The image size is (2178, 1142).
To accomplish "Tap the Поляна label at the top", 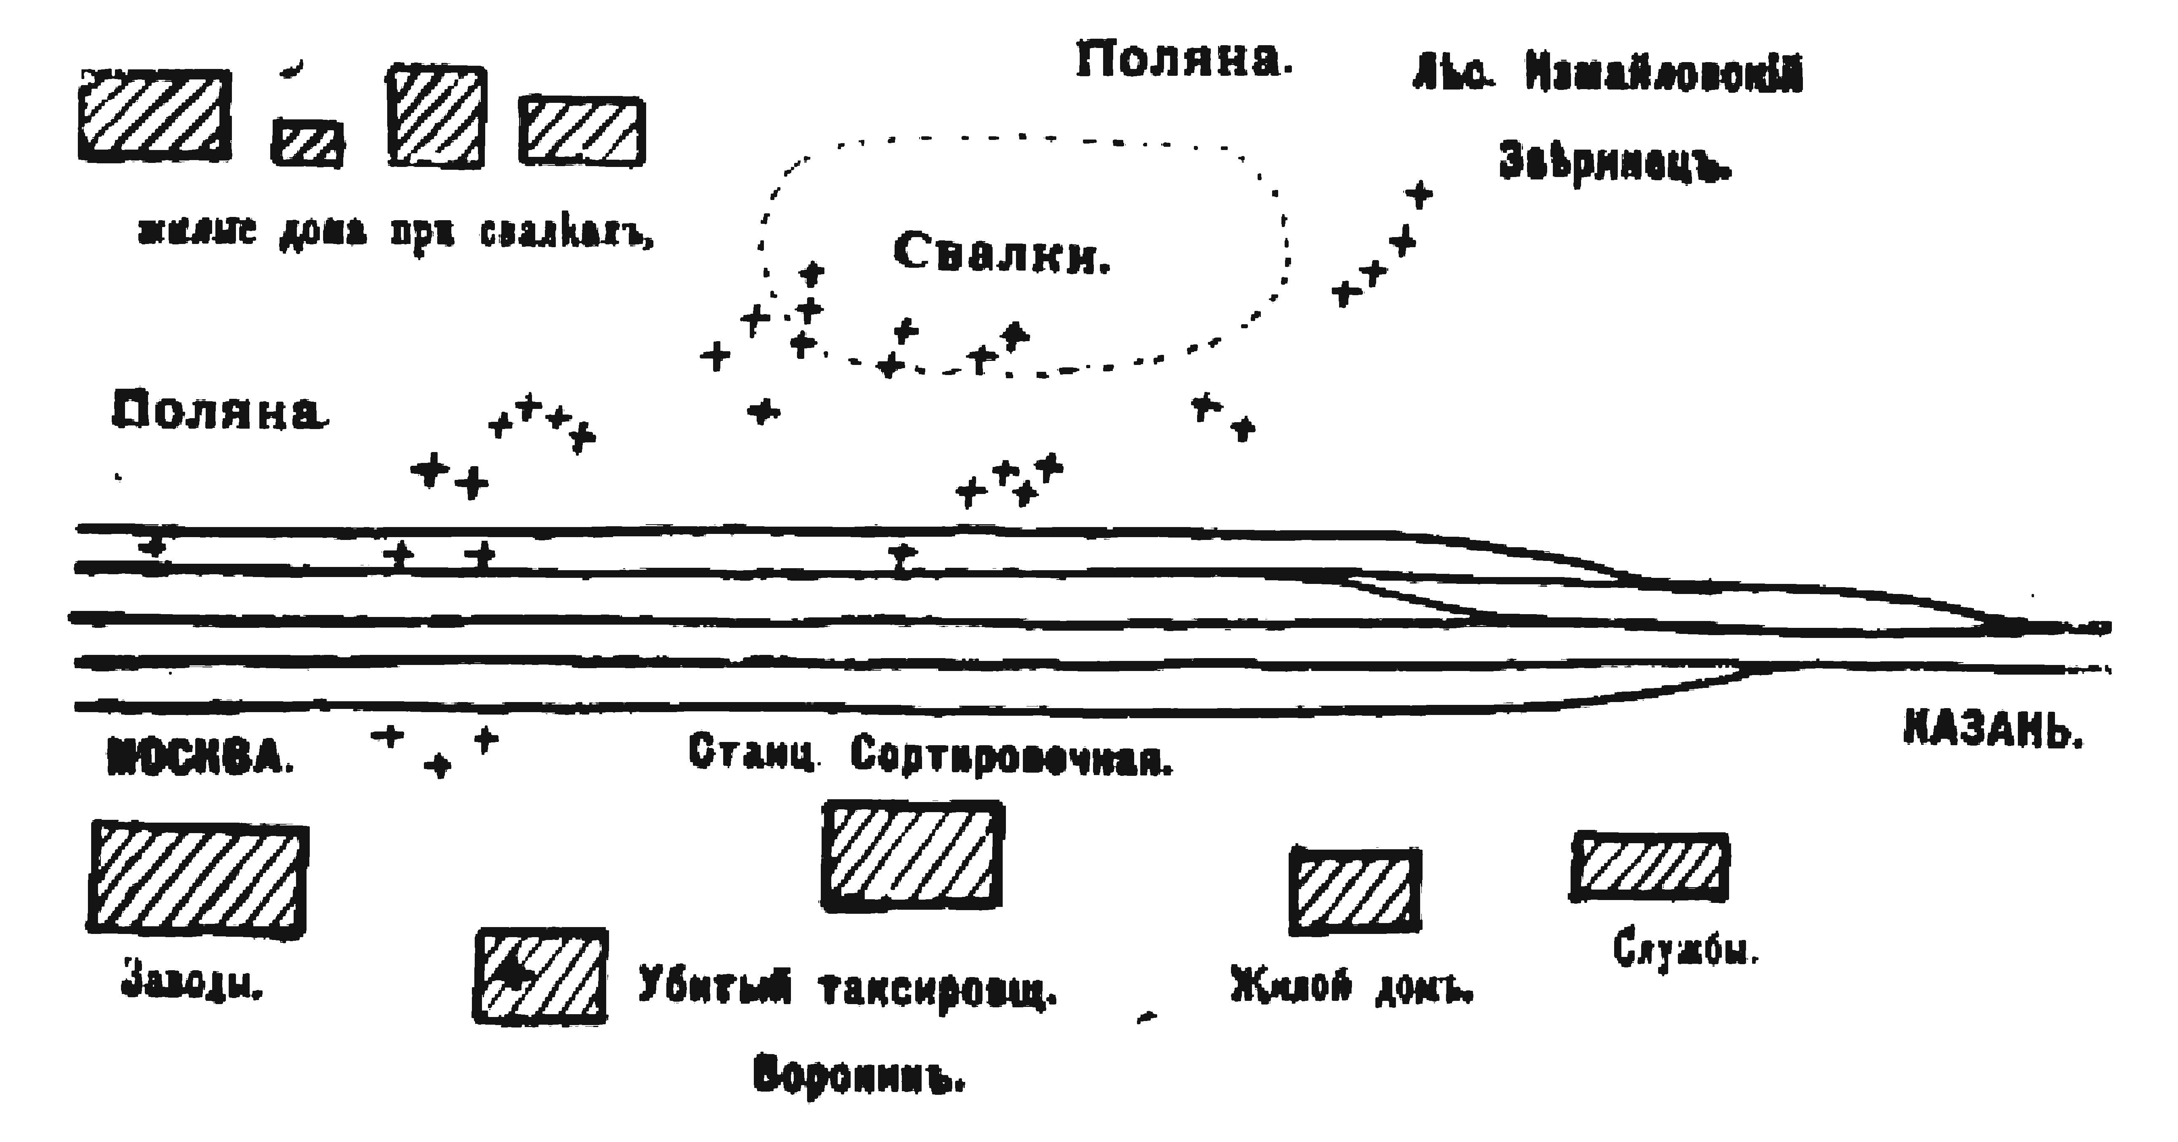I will pyautogui.click(x=1184, y=61).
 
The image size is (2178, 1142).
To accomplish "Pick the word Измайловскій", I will pyautogui.click(x=1664, y=74).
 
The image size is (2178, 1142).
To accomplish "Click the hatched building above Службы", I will pyautogui.click(x=1649, y=867).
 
